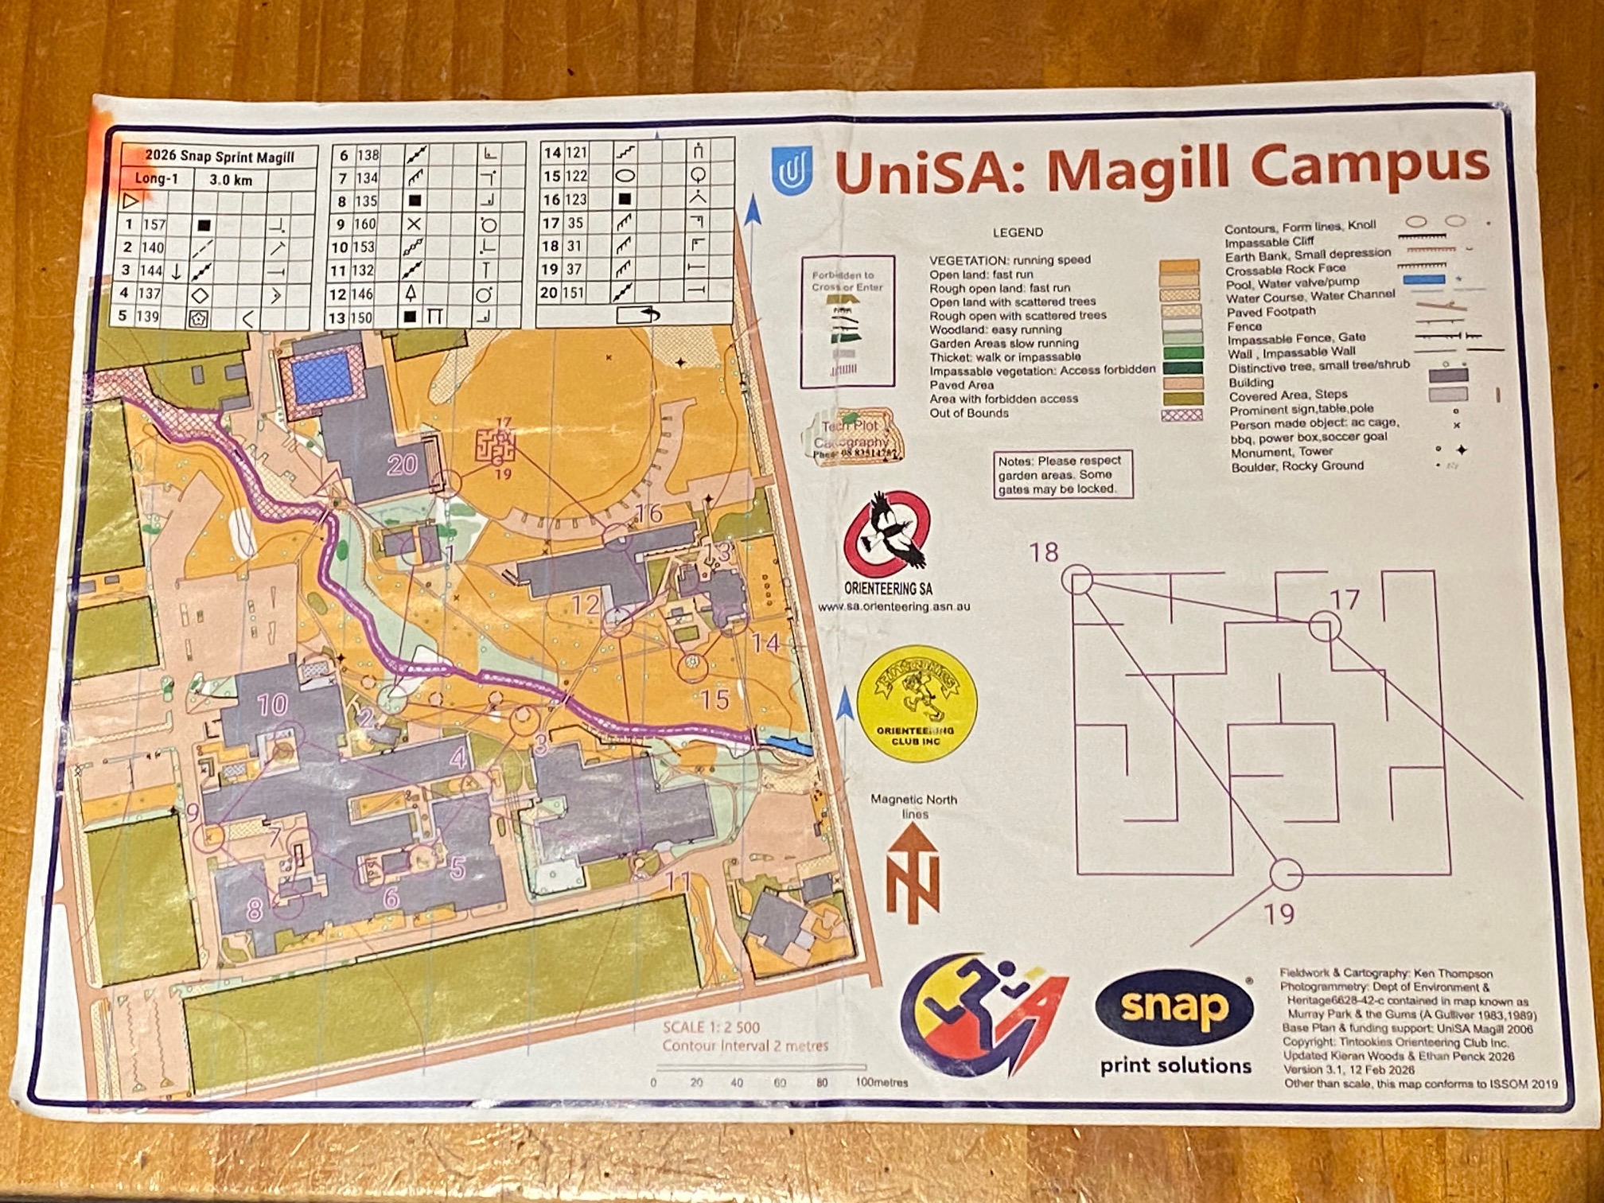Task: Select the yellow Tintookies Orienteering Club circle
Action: (x=916, y=704)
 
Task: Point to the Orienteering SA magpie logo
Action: (x=887, y=533)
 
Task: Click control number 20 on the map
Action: (x=402, y=464)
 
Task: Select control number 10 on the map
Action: (x=272, y=704)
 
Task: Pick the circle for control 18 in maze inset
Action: (x=1077, y=579)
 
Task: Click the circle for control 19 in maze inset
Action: (x=1285, y=874)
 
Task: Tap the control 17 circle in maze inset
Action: (x=1324, y=627)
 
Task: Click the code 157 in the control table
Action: (x=154, y=225)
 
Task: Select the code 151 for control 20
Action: (x=573, y=293)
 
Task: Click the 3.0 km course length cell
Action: (x=231, y=180)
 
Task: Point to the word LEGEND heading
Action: (x=1018, y=232)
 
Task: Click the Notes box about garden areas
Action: (x=1061, y=474)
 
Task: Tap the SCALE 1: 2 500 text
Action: (x=711, y=1027)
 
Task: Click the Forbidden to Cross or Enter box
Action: (x=847, y=321)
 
